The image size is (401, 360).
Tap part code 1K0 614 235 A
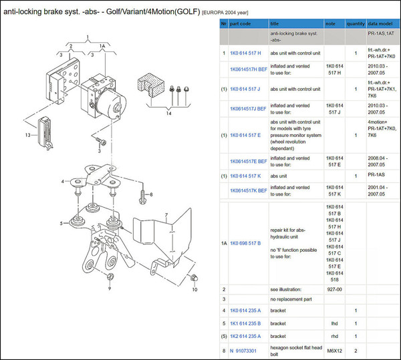point(245,311)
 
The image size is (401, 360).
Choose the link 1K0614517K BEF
point(249,190)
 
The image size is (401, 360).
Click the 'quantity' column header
point(356,23)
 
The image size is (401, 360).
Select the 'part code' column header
point(241,23)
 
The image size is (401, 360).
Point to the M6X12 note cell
point(333,350)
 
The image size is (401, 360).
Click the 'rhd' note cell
point(333,336)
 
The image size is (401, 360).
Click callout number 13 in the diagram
point(28,135)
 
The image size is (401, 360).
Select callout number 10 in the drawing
point(194,290)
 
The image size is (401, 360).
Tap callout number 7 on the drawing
point(167,216)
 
